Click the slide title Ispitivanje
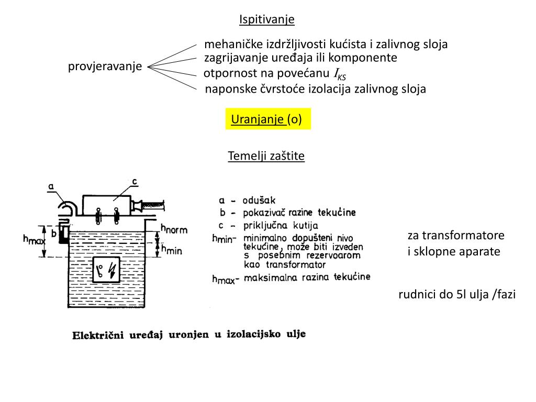pos(267,20)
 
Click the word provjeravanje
pos(105,66)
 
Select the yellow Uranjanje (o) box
pos(267,119)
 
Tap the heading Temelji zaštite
pos(266,156)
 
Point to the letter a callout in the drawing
pos(51,186)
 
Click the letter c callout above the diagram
pos(135,182)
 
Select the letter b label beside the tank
pos(53,234)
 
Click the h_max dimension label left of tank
pos(33,240)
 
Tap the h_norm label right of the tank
pos(174,229)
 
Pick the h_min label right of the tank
pos(171,250)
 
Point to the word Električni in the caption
pos(97,336)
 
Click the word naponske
pos(227,89)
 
